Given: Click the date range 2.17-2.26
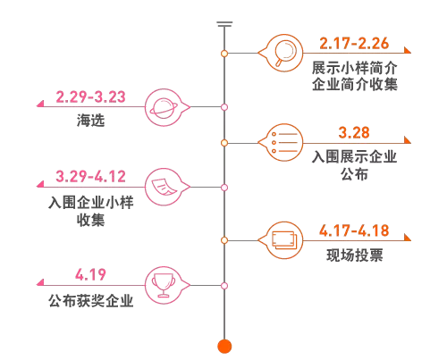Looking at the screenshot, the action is (x=354, y=44).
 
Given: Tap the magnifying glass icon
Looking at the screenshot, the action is (x=285, y=53).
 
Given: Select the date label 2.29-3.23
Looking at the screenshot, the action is (x=90, y=97).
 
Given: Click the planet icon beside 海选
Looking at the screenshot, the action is (x=164, y=108).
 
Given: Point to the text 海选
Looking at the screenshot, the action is (x=90, y=121).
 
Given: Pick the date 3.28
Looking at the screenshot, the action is (x=354, y=133).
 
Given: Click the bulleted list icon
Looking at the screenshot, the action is (x=284, y=143).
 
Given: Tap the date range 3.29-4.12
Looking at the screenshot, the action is (x=90, y=176).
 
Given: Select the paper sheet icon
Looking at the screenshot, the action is (x=164, y=187).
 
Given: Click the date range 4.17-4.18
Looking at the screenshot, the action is (x=354, y=230).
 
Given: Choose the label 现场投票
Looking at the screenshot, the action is (x=355, y=255).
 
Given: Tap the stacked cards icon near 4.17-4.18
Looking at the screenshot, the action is (x=284, y=240).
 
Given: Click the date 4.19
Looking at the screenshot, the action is (x=90, y=274).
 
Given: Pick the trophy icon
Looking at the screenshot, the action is (x=164, y=285).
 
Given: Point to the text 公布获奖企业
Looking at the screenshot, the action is (x=90, y=301).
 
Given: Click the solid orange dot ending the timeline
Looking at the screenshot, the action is (x=224, y=347).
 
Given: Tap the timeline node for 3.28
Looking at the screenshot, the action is (x=224, y=143).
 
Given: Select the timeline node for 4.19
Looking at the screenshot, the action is (x=224, y=286).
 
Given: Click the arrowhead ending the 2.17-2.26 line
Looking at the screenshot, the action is (x=408, y=50).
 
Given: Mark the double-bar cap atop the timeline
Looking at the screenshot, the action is (x=224, y=24).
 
